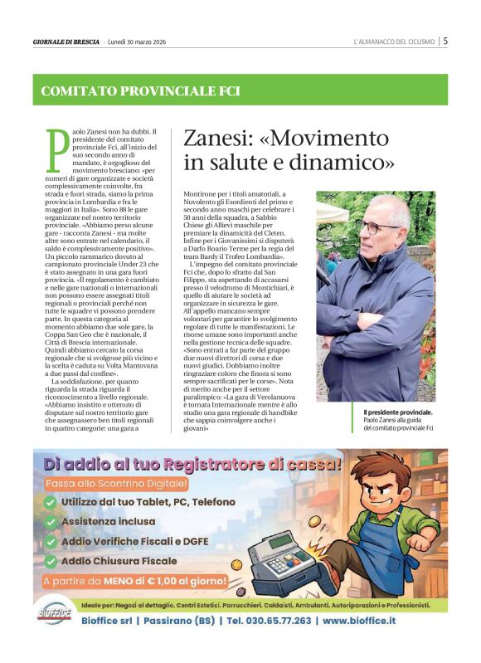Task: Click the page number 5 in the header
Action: click(x=445, y=40)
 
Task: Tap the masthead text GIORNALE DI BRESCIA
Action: click(x=66, y=41)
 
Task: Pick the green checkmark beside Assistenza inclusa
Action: click(x=51, y=522)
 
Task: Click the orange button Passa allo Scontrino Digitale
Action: click(x=116, y=483)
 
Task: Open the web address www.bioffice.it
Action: click(x=359, y=620)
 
